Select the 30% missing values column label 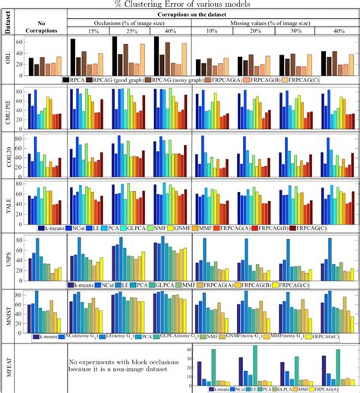click(293, 33)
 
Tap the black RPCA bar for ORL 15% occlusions click(73, 56)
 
